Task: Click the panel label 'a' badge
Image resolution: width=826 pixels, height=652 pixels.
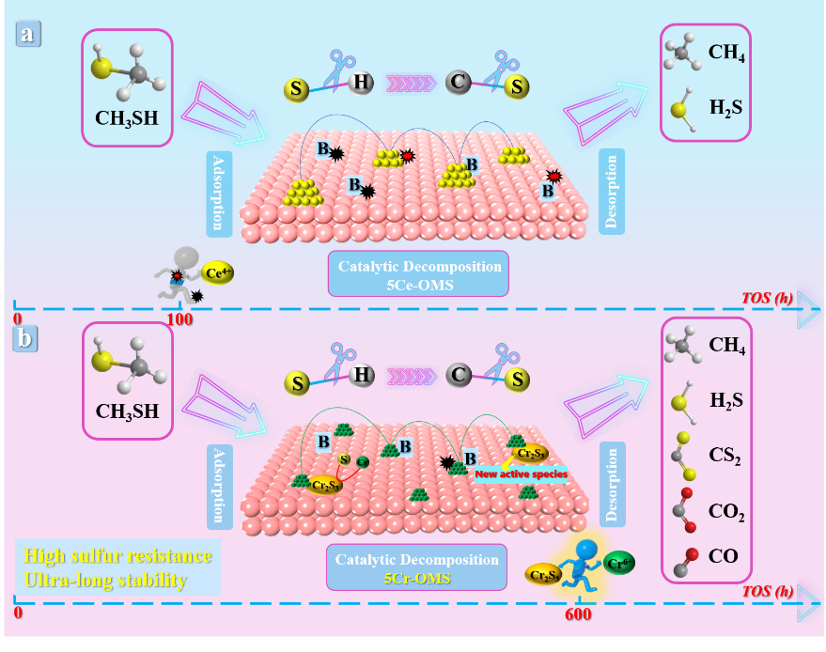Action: tap(28, 35)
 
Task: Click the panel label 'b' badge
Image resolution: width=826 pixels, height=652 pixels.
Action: tap(24, 338)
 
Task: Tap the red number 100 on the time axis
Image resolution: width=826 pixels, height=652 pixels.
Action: tap(179, 319)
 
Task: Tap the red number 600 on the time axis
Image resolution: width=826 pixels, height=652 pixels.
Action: tap(578, 614)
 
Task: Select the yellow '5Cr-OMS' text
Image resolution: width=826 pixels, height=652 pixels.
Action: tap(420, 578)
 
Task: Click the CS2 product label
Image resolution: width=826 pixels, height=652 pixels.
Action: tap(725, 458)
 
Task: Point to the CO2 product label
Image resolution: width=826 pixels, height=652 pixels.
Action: tap(726, 513)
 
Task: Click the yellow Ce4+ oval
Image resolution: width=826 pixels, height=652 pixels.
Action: tap(218, 273)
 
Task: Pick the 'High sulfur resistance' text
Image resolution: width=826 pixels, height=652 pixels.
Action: tap(117, 555)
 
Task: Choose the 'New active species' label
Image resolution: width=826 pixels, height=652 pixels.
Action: tap(521, 474)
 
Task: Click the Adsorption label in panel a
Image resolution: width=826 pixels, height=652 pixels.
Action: tap(218, 194)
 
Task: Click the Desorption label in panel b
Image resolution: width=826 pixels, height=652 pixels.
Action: tap(612, 485)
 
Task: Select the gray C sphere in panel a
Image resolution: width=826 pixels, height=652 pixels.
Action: tap(459, 83)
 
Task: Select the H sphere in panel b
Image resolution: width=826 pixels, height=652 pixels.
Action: tap(361, 377)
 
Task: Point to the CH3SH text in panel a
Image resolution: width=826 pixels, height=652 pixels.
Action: tap(127, 119)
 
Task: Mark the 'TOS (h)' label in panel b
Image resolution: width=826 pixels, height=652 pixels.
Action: tap(767, 591)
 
